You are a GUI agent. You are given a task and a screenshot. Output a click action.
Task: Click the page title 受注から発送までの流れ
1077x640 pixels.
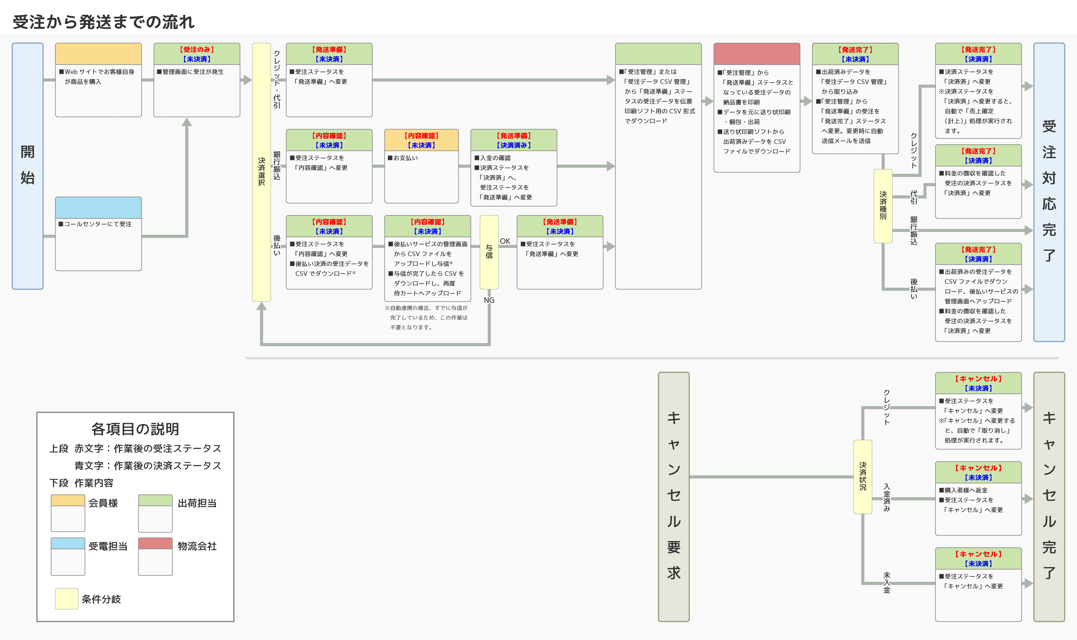[x=104, y=22]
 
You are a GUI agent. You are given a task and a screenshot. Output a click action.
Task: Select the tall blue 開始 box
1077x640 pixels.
[x=28, y=166]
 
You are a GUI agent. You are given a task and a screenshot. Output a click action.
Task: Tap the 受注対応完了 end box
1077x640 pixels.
[x=1049, y=192]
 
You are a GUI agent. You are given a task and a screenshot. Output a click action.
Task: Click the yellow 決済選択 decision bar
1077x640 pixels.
[x=261, y=172]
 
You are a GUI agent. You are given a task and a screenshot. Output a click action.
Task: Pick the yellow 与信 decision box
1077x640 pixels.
[x=489, y=252]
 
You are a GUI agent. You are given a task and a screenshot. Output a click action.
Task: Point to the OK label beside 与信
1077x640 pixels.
[x=505, y=241]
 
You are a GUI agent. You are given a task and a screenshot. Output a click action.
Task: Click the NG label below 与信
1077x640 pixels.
[x=489, y=300]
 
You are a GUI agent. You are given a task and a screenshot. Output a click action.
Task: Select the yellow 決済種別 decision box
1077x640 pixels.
[x=883, y=206]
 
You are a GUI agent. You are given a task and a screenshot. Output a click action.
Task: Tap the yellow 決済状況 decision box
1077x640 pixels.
[x=863, y=477]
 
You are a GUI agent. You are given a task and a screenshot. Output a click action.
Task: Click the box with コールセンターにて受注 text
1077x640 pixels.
[x=98, y=234]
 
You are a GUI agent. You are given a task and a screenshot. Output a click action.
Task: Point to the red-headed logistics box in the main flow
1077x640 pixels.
[x=757, y=107]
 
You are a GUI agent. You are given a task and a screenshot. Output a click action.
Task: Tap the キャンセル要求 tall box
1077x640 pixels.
[x=674, y=496]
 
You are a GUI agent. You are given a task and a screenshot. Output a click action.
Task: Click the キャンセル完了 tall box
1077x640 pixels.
[x=1049, y=496]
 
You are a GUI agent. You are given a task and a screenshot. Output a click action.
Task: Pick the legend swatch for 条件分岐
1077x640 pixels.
[x=67, y=598]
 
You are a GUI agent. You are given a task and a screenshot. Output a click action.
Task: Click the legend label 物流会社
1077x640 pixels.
[x=197, y=546]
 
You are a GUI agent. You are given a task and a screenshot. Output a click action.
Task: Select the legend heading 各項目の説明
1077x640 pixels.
[x=135, y=429]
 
